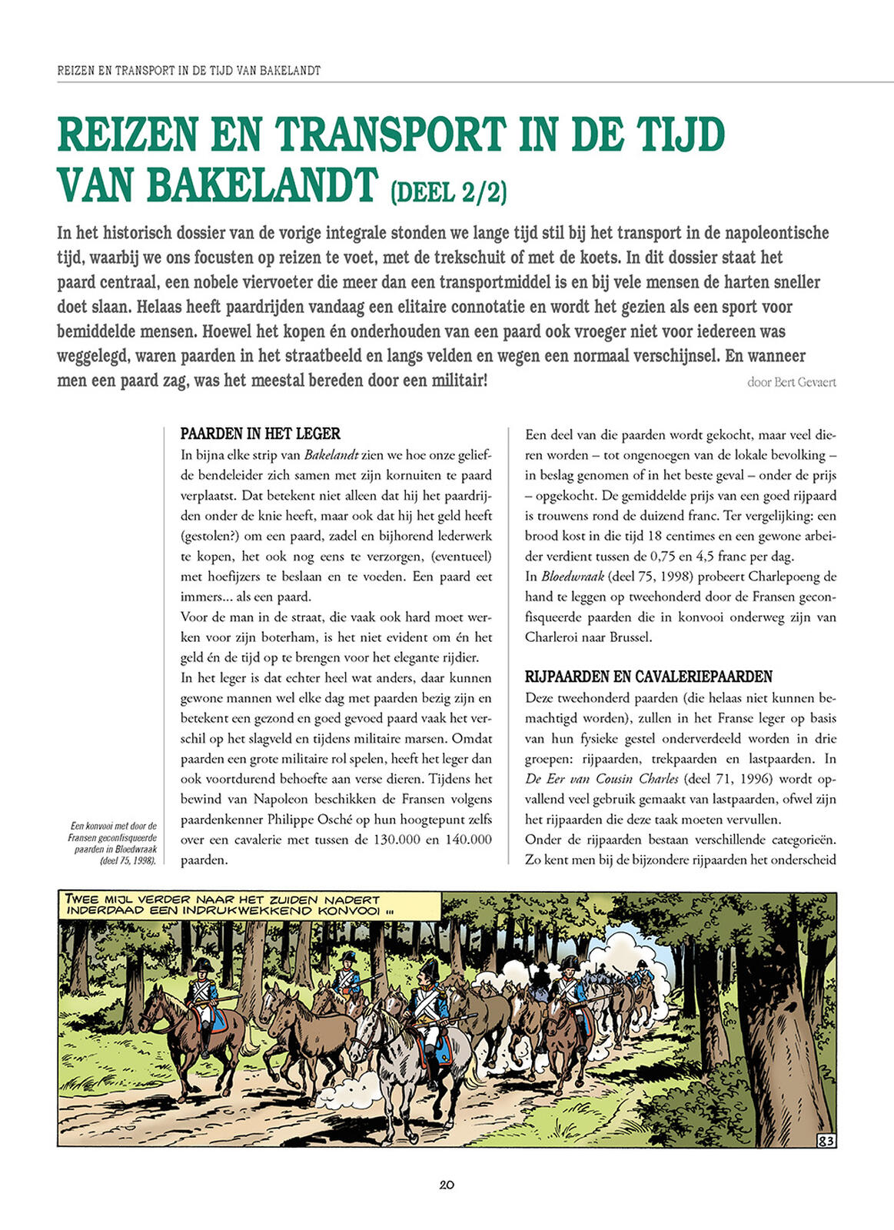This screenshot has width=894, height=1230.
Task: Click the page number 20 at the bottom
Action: click(x=447, y=1185)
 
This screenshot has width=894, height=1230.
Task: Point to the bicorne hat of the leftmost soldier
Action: click(x=202, y=964)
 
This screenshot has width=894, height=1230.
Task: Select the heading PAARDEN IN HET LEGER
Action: click(x=260, y=434)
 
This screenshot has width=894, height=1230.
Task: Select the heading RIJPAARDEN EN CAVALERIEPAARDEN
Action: click(x=648, y=676)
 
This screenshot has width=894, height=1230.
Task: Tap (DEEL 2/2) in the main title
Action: click(x=449, y=191)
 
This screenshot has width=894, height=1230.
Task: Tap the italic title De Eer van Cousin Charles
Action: click(x=602, y=779)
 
